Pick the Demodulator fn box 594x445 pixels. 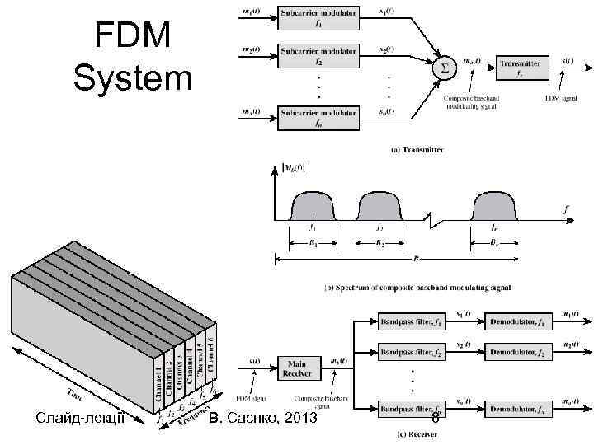516,408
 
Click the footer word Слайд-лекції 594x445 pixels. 79,419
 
